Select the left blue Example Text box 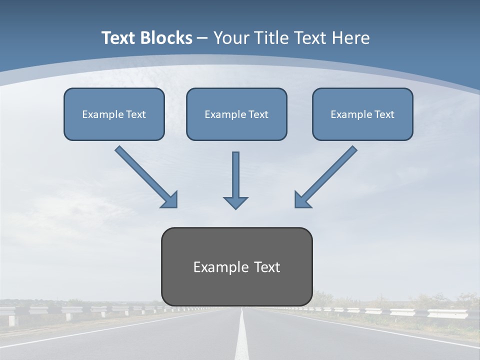point(114,114)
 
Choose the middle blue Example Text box point(236,114)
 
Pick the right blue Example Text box point(362,114)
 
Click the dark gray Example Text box point(236,266)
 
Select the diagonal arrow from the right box point(330,173)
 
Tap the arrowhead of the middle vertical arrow point(235,202)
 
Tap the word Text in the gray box point(268,267)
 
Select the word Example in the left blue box point(100,114)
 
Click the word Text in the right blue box point(384,114)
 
